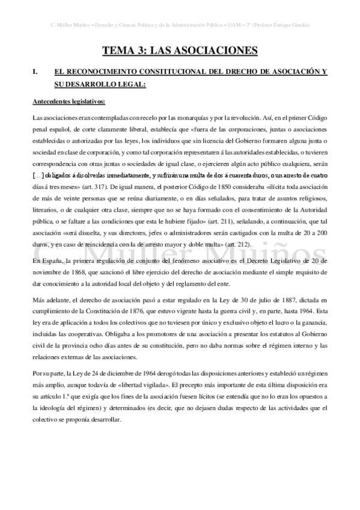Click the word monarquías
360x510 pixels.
click(156, 115)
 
